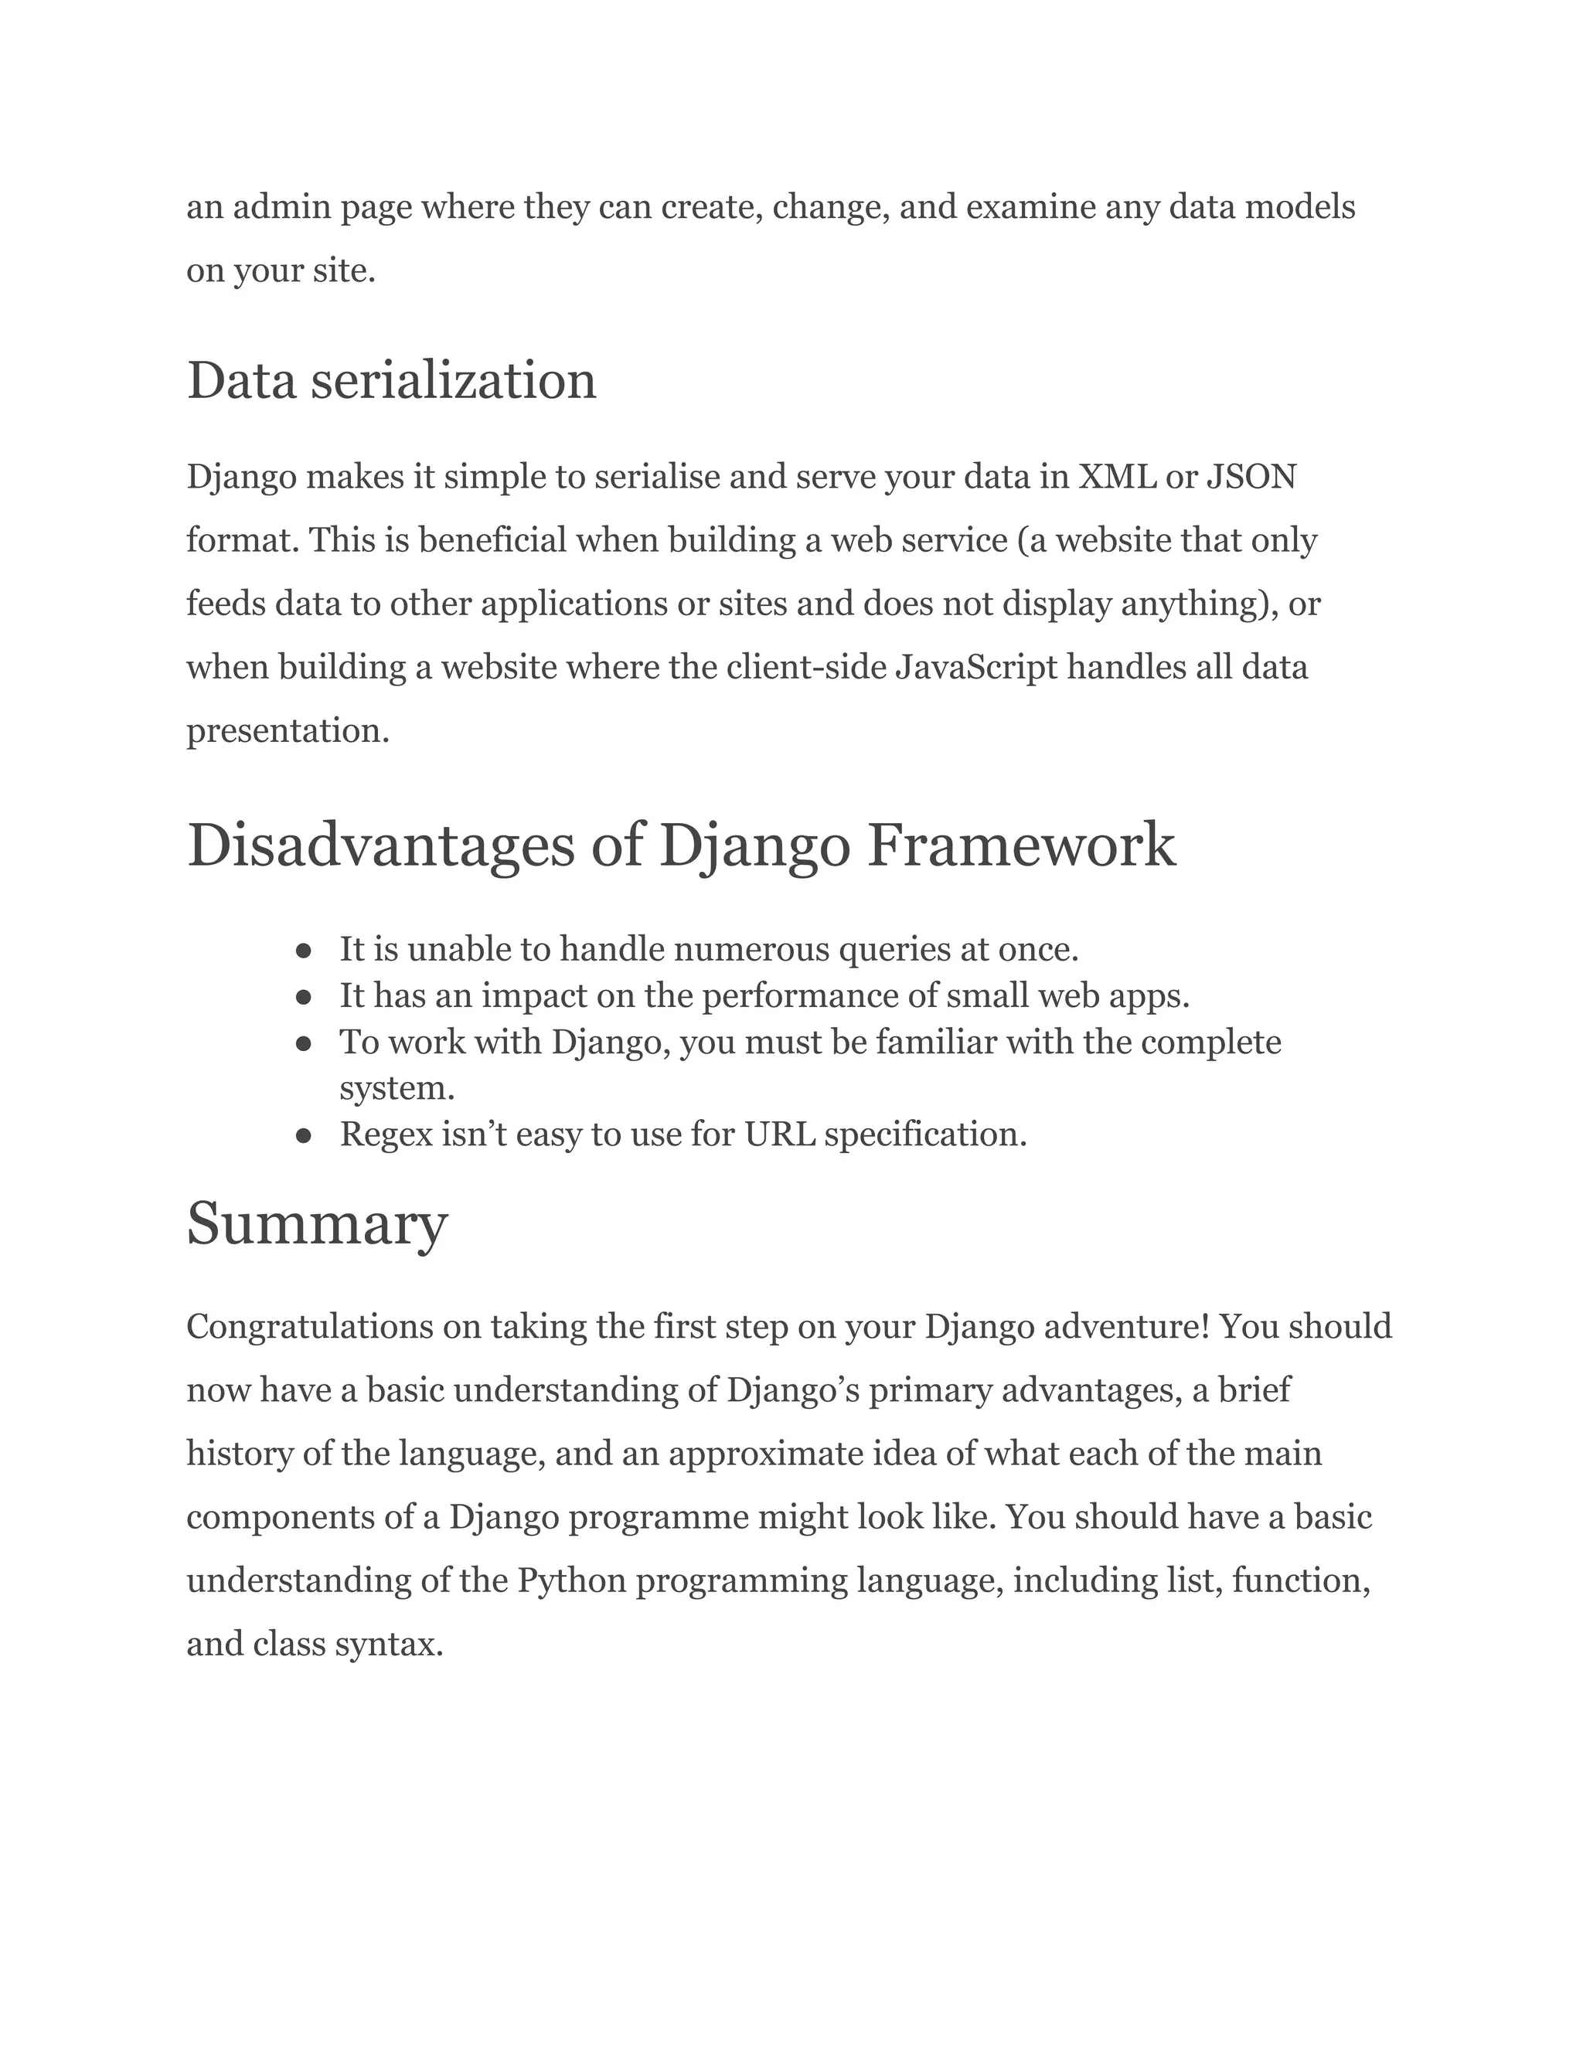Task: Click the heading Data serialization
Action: coord(391,381)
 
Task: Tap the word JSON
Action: coord(1251,478)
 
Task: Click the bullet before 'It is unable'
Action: coord(303,951)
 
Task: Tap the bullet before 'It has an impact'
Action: coord(303,997)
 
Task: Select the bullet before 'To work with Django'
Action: coord(303,1043)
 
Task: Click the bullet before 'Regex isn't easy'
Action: coord(303,1135)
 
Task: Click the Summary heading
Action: coord(317,1223)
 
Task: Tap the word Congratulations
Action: coord(308,1327)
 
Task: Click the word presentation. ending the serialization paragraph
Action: coord(287,730)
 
